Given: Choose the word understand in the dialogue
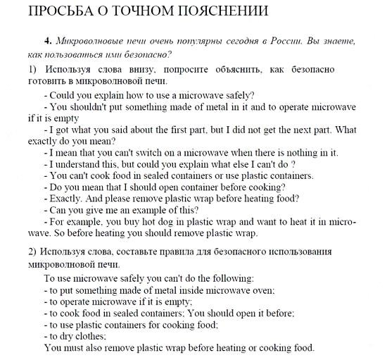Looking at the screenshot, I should point(80,164).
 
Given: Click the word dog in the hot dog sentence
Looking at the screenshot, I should point(163,221).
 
